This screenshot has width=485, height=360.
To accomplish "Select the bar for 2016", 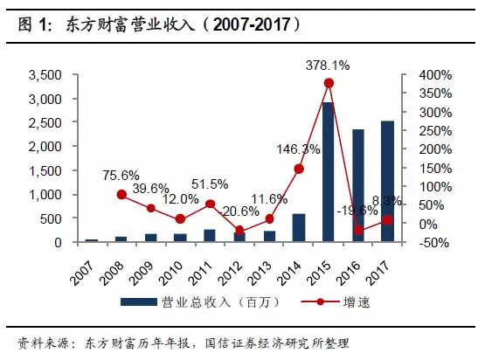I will (x=357, y=185).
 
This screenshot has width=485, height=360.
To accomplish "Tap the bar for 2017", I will (x=387, y=182).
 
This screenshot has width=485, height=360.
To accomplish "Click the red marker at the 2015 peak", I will (x=328, y=84).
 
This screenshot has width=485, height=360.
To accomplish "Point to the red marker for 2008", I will (x=121, y=194).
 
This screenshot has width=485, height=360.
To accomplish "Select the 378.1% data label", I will (x=329, y=65).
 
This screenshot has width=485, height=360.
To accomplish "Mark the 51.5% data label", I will (x=211, y=184).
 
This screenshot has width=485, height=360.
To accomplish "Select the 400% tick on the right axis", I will (x=423, y=75).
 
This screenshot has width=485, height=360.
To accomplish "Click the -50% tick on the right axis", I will (x=423, y=242).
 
